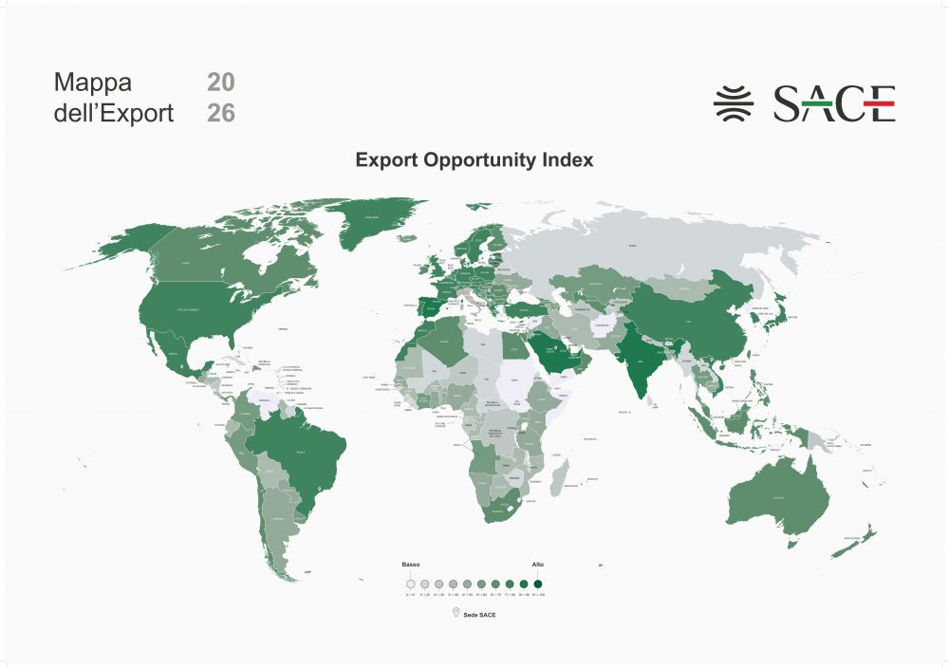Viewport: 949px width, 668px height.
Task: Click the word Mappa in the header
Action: click(92, 82)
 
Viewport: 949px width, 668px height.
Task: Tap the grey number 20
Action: click(220, 82)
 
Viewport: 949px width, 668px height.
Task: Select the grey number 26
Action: click(220, 114)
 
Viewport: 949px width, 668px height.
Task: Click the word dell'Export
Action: click(114, 114)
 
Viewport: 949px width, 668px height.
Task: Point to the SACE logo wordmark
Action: click(834, 103)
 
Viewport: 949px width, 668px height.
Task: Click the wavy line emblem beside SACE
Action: click(733, 102)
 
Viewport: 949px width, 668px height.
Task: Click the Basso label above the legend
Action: click(411, 565)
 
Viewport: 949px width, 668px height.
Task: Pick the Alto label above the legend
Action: click(538, 565)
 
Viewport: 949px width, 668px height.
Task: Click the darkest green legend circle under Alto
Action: click(538, 584)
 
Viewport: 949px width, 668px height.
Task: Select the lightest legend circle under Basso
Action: click(411, 584)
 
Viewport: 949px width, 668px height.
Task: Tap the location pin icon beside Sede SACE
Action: click(456, 614)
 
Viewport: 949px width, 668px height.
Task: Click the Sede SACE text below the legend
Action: click(480, 615)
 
